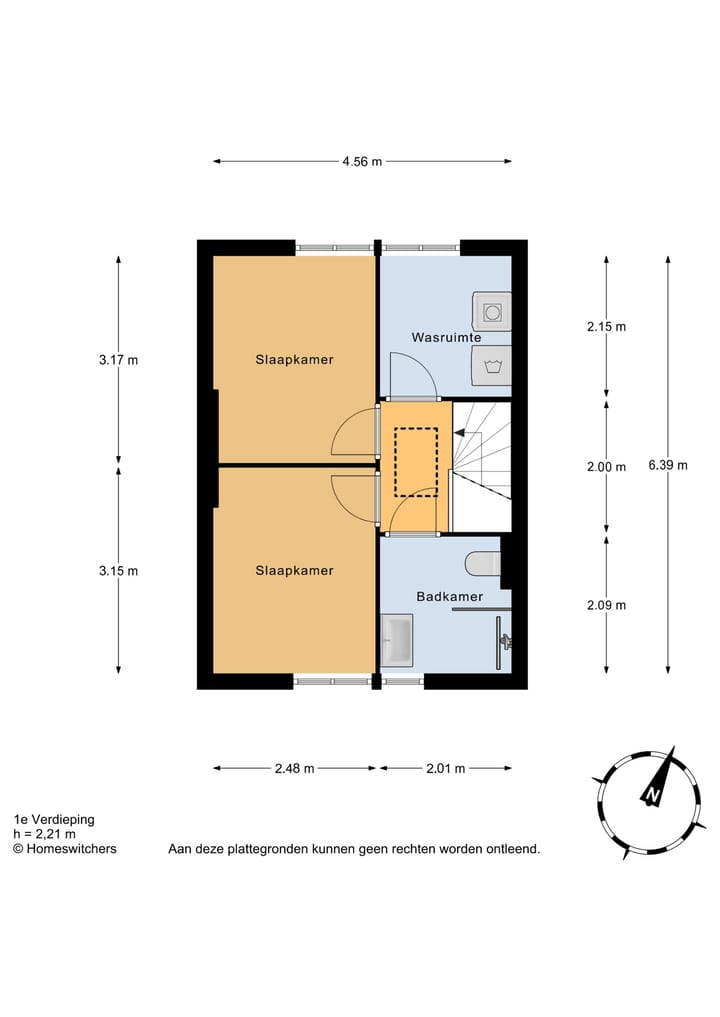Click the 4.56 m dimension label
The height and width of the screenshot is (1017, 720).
coord(363,161)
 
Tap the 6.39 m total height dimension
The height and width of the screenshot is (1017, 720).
coord(668,465)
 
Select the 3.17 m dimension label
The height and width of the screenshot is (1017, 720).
coord(118,360)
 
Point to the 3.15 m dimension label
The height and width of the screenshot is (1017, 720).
coord(118,571)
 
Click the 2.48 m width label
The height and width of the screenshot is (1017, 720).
coord(294,768)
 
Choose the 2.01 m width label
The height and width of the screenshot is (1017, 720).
coord(445,768)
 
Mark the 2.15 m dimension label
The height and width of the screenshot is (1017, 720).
coord(606,326)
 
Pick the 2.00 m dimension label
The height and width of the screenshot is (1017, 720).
coord(606,467)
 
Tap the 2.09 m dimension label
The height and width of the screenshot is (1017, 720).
coord(606,604)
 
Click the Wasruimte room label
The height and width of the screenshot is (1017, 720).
coord(446,338)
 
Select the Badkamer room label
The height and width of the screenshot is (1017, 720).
coord(449,596)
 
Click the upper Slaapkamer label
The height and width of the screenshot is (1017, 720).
coord(294,359)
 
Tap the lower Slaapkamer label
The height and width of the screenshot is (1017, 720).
coord(294,570)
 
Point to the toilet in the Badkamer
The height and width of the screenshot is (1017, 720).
coord(484,564)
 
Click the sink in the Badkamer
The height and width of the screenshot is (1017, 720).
coord(396,640)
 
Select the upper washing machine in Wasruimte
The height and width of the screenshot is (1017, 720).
coord(492,311)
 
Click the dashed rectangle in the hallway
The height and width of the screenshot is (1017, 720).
coord(415,462)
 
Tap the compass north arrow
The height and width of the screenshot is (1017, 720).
coord(656,782)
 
